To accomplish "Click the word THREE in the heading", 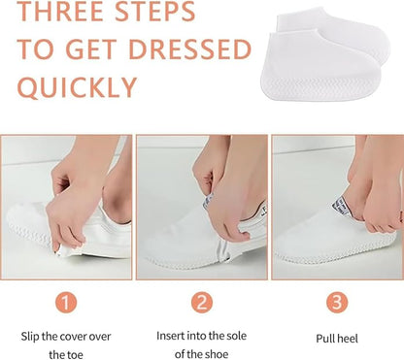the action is [60, 11].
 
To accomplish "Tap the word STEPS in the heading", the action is [155, 11].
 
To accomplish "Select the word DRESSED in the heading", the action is [190, 49].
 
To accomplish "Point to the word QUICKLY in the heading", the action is [77, 87].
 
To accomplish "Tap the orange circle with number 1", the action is [66, 303].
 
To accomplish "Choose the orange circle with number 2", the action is [202, 303].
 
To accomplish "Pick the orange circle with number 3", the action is [337, 302].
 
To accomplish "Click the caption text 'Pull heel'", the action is [337, 339].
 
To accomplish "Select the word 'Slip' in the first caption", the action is [30, 337].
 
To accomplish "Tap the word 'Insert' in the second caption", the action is [171, 336].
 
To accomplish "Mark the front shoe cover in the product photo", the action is [320, 66].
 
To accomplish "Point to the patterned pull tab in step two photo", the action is [208, 201].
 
